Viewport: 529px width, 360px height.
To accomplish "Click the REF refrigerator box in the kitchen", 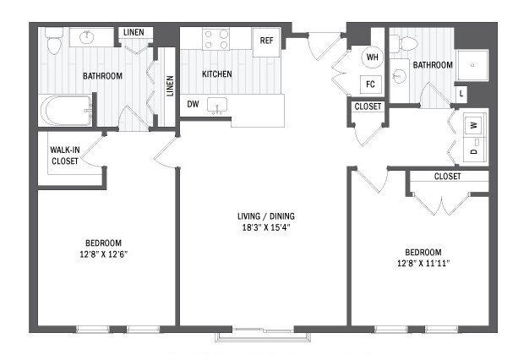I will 266,41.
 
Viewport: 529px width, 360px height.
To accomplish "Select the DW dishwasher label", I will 193,104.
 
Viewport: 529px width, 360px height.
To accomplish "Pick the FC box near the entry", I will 369,84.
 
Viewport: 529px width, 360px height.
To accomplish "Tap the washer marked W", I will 473,124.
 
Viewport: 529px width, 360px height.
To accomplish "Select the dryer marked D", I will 473,152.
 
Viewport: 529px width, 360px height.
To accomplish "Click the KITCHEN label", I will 217,74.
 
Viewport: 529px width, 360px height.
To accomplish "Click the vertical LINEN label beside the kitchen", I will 169,86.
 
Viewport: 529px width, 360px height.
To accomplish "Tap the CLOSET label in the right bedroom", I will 447,177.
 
